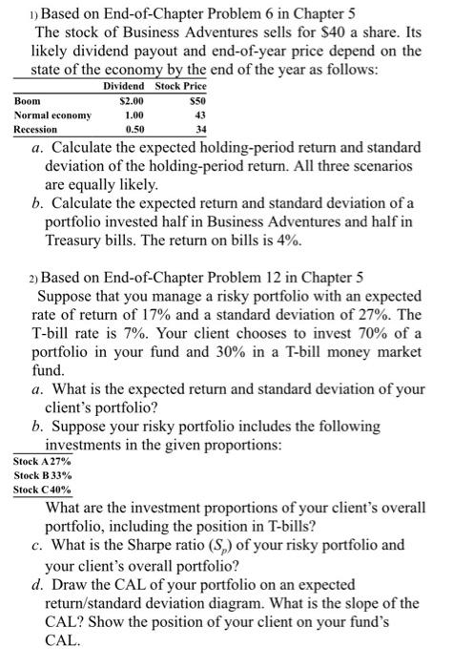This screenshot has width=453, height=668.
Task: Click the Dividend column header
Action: [x=124, y=87]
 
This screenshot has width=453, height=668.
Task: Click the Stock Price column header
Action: [x=180, y=87]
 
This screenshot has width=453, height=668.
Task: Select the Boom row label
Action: [x=29, y=100]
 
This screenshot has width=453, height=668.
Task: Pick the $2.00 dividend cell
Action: [x=131, y=100]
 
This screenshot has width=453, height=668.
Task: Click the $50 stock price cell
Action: [x=195, y=100]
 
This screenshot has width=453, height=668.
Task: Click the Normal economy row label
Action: [x=52, y=115]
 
